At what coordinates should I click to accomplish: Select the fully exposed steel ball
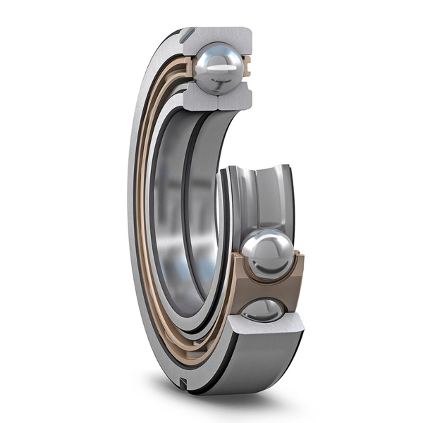[266, 255]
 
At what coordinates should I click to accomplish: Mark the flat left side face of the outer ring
[132, 211]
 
